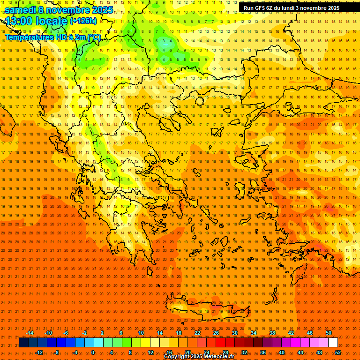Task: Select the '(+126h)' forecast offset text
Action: [x=83, y=21]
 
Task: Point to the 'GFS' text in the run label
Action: [x=261, y=8]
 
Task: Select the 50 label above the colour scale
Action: [x=329, y=333]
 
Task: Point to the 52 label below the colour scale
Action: [x=338, y=352]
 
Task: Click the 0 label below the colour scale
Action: [x=93, y=352]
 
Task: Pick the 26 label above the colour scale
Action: [x=216, y=333]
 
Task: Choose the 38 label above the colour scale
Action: [x=272, y=333]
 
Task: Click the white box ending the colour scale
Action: [x=333, y=343]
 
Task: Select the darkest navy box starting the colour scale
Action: [x=24, y=343]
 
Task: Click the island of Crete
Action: [x=206, y=307]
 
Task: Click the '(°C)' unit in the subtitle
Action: [x=93, y=37]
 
